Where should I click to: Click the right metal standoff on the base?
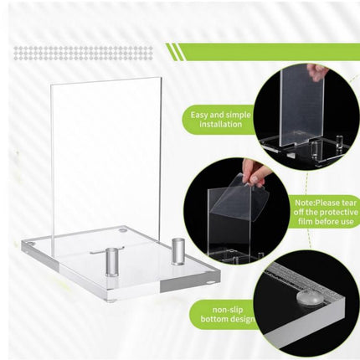coord(177,249)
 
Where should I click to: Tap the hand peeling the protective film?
coord(256,173)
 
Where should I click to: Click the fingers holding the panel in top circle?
coord(316,72)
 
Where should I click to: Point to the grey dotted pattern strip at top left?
coord(84,53)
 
